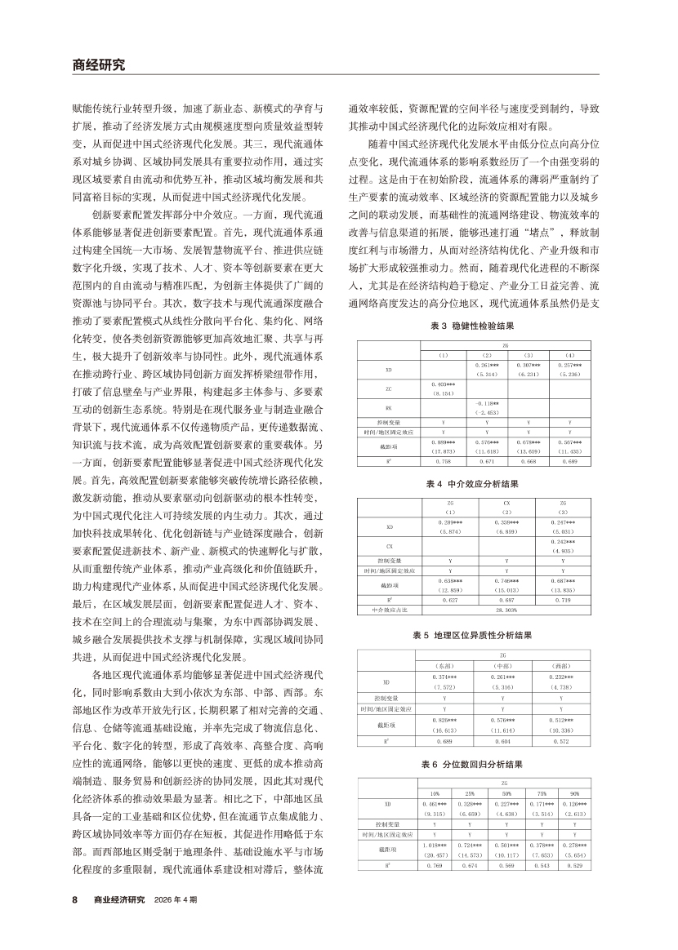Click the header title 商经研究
tap(99, 65)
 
